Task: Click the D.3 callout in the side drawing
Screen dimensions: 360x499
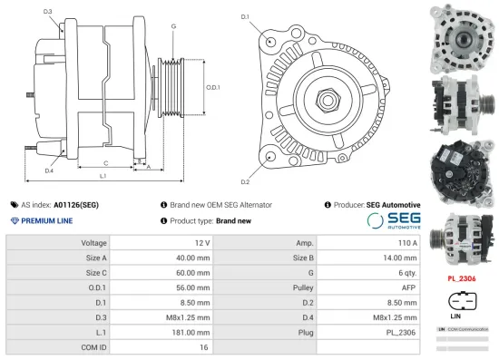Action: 47,12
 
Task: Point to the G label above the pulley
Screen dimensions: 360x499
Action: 172,26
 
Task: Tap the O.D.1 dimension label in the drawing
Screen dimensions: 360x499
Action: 213,86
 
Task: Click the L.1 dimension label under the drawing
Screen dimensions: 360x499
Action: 103,174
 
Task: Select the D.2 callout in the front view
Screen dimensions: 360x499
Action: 245,170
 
